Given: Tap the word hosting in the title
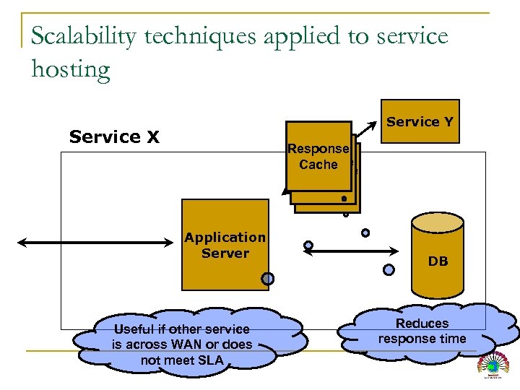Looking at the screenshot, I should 71,70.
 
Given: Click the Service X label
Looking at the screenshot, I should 114,136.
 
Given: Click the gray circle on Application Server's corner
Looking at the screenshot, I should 267,279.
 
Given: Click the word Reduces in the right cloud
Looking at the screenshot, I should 422,324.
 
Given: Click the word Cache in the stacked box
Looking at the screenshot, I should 318,165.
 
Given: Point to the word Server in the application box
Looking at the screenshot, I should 225,253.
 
